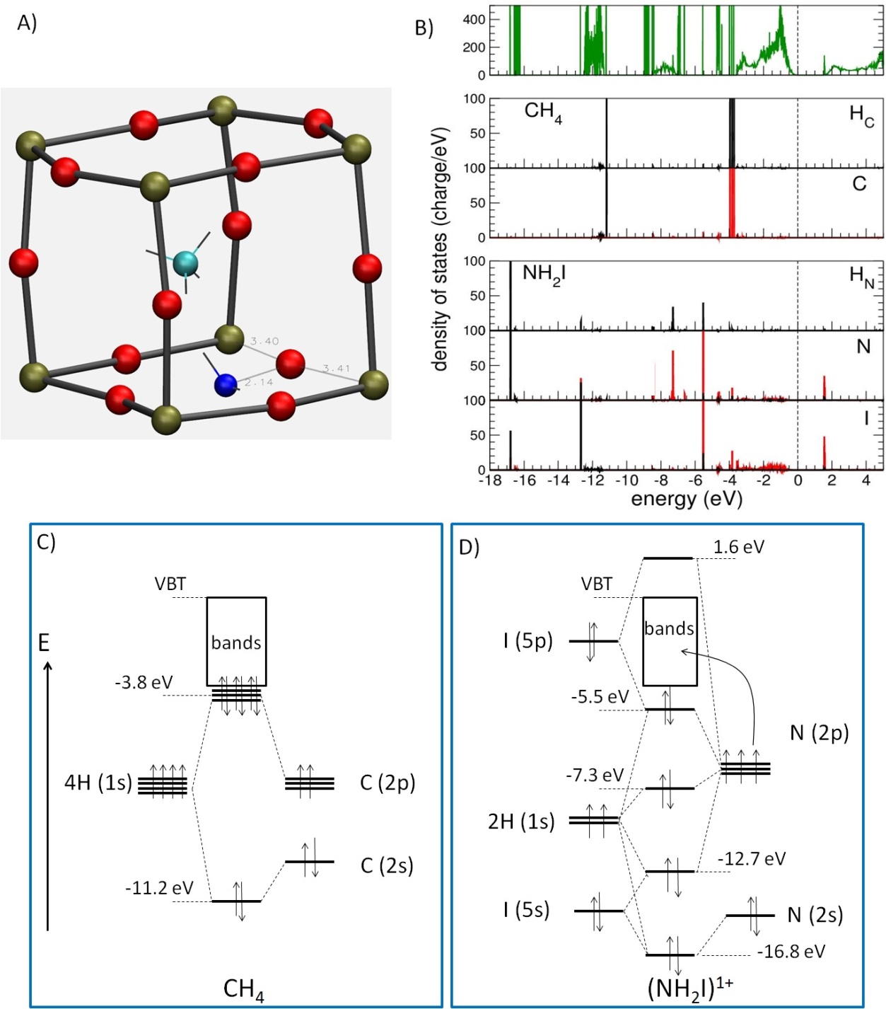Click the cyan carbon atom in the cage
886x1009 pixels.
[x=185, y=263]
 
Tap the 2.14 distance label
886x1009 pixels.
[x=259, y=382]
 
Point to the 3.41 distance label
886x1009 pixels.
[x=337, y=368]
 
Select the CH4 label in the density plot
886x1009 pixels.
[x=543, y=112]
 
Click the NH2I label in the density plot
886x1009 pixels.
[x=544, y=274]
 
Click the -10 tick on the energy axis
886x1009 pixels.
[x=626, y=480]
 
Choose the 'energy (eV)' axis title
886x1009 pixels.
[x=686, y=499]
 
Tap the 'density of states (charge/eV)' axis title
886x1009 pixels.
[x=440, y=249]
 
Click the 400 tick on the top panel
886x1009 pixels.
[x=474, y=20]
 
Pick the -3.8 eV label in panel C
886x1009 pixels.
[x=144, y=683]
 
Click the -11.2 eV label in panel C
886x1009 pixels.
[x=159, y=888]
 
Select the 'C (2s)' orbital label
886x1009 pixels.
[x=387, y=865]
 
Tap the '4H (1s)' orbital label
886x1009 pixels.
[x=98, y=783]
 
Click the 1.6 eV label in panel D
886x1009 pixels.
[x=738, y=547]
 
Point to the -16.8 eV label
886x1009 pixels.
[x=791, y=952]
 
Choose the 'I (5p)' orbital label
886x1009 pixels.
[x=527, y=641]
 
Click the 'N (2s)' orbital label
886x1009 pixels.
[x=815, y=915]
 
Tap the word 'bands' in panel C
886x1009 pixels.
[x=236, y=642]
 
